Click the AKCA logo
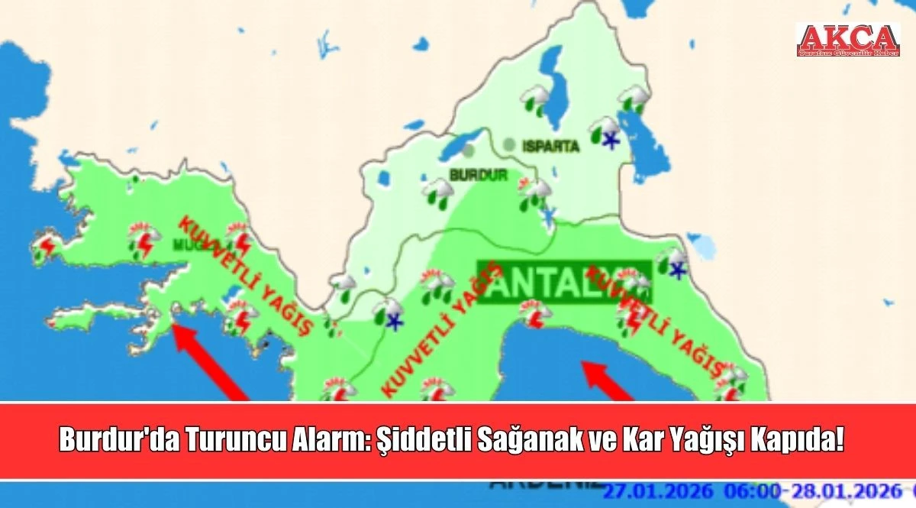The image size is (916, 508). tap(847, 40)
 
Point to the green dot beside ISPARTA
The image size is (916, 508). tap(509, 143)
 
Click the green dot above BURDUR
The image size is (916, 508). tap(467, 155)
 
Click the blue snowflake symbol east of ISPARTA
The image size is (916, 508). tap(610, 139)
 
